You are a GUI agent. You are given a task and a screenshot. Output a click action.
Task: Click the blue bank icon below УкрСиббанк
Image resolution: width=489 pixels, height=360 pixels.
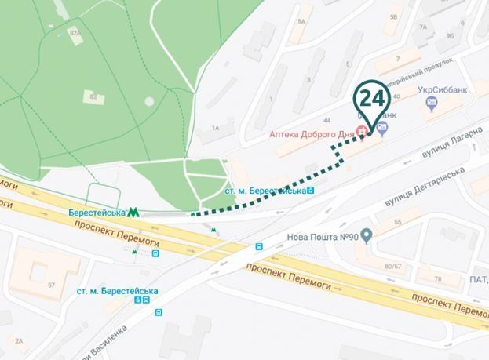point(430,103)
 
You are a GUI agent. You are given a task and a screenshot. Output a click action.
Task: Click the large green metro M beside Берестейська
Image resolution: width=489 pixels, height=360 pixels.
point(134,213)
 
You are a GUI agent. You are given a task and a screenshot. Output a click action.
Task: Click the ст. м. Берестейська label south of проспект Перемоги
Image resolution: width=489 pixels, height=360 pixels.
point(117,291)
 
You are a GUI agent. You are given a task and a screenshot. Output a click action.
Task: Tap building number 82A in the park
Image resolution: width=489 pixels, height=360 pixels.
point(75,33)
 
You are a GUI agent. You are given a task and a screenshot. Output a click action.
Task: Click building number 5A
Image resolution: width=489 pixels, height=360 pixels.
point(301,21)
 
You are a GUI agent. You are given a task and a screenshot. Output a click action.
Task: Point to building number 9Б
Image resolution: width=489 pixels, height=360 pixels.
point(450,35)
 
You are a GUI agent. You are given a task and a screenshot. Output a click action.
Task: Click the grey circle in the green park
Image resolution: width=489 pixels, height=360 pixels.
point(149,102)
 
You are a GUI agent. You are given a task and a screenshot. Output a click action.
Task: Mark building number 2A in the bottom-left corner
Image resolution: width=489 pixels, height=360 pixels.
point(19,340)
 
